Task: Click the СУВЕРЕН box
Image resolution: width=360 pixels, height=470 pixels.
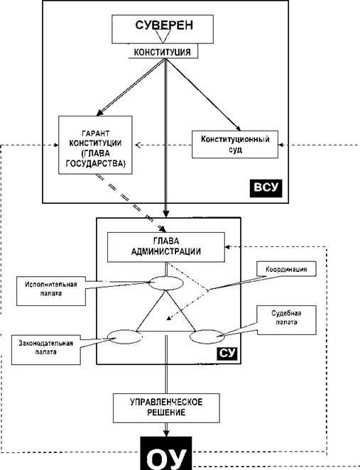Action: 163,29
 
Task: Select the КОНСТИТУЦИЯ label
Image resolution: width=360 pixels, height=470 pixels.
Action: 162,53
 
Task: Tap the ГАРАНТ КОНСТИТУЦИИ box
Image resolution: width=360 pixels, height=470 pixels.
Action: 95,145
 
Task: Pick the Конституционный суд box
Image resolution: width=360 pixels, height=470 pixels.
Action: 235,144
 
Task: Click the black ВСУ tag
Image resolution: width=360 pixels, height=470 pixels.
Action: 266,188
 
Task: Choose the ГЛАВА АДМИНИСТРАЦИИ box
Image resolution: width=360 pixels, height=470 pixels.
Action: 166,247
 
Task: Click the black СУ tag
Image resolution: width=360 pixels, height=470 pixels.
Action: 227,354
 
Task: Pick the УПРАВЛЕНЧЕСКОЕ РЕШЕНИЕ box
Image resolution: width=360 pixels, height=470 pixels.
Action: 166,408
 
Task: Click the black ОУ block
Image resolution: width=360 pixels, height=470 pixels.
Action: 166,454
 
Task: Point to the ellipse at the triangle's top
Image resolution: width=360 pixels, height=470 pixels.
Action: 165,283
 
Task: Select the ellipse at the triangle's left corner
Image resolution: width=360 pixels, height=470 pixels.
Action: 125,337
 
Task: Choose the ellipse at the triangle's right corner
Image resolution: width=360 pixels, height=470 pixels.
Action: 207,337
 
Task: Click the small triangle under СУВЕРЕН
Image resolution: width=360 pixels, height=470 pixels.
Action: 162,36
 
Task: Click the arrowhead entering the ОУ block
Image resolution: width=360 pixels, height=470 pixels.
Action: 166,433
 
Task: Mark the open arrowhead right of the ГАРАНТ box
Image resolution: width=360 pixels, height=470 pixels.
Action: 138,145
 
